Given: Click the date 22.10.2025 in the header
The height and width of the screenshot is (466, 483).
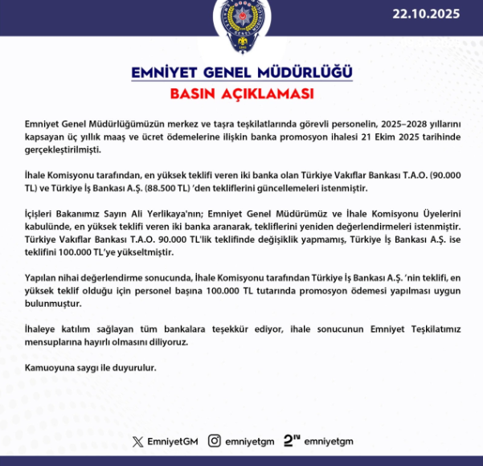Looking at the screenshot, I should point(428,14).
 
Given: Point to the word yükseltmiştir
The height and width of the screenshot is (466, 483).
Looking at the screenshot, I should point(138,252).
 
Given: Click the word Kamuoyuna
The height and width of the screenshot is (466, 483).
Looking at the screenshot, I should point(51,368).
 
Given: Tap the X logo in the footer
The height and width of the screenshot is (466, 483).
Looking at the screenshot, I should point(139,440).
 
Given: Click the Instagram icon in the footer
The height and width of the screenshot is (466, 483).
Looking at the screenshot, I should point(215,440).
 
